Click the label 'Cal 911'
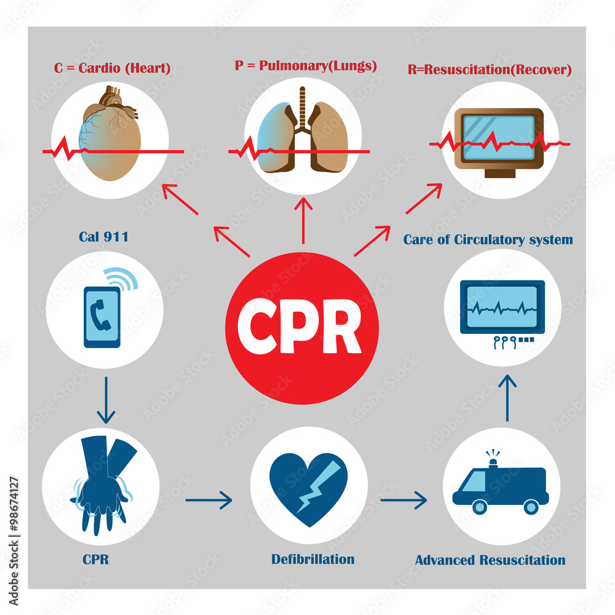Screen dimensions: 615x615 [103, 236]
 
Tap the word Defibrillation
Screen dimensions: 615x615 [313, 559]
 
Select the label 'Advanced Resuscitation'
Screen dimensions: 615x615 [490, 560]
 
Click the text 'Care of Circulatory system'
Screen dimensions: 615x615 [488, 239]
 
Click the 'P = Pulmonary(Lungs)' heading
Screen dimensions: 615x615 [306, 66]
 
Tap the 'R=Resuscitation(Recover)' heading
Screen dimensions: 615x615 [490, 69]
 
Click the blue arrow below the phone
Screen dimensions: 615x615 [106, 400]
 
